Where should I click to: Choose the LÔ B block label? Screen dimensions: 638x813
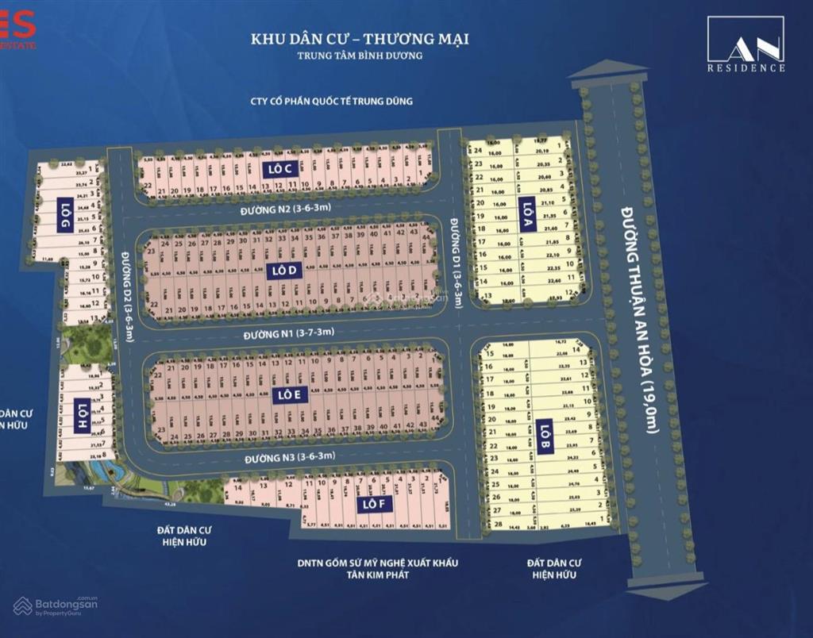point(544,437)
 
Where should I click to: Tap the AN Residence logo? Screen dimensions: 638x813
point(746,45)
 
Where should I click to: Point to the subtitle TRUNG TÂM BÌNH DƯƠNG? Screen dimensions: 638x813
point(360,56)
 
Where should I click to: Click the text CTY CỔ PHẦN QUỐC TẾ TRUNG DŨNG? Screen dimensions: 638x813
point(331,101)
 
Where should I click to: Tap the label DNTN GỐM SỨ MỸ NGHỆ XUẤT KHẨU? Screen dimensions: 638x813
point(377,563)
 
